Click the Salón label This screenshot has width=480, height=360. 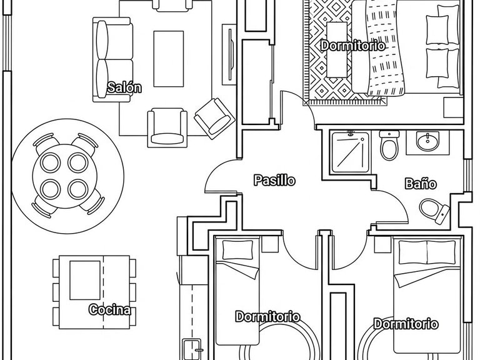click(124, 87)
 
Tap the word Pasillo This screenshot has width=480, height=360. click(274, 180)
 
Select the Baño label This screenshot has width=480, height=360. click(421, 184)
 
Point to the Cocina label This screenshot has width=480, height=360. click(110, 309)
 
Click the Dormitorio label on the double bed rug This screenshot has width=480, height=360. click(353, 46)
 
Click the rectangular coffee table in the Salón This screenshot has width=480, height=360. click(169, 59)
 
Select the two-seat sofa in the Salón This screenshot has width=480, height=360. click(113, 59)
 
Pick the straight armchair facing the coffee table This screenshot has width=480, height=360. click(167, 127)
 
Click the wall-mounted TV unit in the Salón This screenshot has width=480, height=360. click(229, 54)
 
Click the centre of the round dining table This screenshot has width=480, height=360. click(65, 176)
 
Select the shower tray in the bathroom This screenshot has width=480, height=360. click(350, 152)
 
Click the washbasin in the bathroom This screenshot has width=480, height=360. click(427, 141)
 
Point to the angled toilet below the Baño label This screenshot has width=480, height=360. click(434, 210)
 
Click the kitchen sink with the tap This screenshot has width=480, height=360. click(192, 349)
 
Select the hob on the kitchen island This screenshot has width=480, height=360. click(85, 280)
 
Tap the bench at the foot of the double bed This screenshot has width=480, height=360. click(337, 49)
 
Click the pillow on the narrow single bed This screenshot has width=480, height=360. click(237, 250)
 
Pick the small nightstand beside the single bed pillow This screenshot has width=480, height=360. click(270, 244)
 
